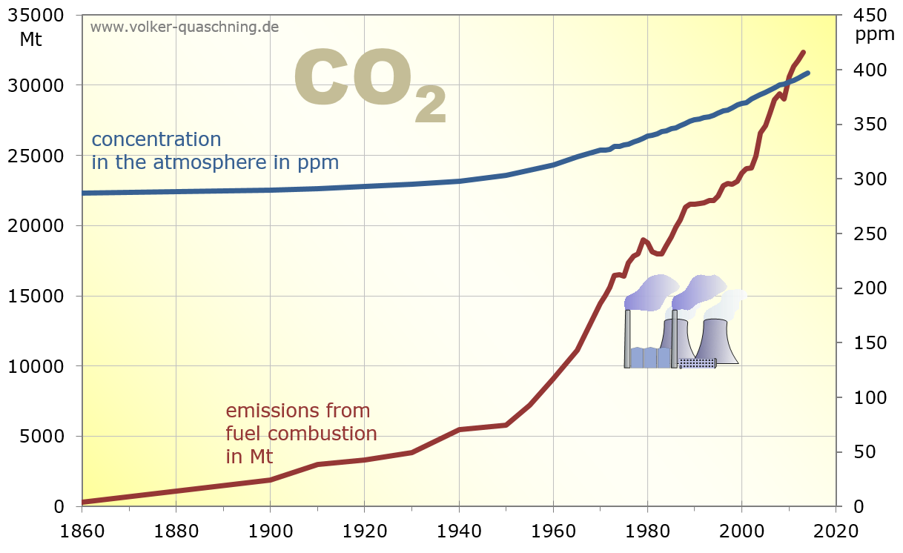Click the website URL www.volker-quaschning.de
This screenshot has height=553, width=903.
[x=185, y=27]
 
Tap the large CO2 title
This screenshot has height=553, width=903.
[x=370, y=83]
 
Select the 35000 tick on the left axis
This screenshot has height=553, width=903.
[x=42, y=16]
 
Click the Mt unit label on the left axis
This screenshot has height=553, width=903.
[x=30, y=40]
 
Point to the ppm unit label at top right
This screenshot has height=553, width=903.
[x=875, y=34]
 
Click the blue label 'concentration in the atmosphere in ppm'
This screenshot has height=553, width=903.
[x=215, y=150]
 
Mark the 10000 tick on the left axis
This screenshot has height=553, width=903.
[x=42, y=366]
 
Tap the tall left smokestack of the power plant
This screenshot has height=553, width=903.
[x=627, y=338]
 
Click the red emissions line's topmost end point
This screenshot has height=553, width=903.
[x=804, y=53]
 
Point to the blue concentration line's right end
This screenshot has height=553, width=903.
[x=807, y=73]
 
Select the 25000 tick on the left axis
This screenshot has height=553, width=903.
[x=42, y=156]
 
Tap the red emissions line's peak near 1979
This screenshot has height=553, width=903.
[x=643, y=240]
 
